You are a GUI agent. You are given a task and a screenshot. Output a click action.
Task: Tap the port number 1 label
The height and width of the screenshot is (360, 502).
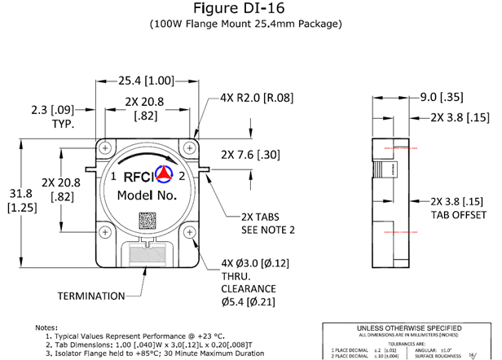[112, 176]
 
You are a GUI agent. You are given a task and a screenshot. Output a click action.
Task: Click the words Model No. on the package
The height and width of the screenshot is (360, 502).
[148, 196]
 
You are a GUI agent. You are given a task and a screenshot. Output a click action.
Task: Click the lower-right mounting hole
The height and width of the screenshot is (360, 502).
[190, 232]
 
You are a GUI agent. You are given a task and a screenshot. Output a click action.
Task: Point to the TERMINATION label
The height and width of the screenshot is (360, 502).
[90, 295]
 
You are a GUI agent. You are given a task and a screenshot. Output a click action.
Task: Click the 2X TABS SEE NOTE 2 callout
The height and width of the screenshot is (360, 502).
[266, 224]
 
